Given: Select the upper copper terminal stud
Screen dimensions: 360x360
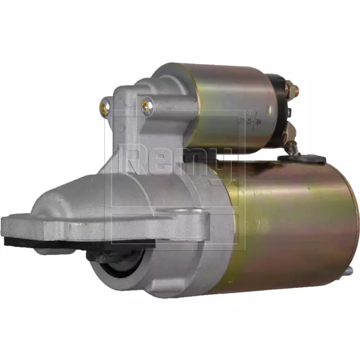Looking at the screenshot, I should pos(292,88).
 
